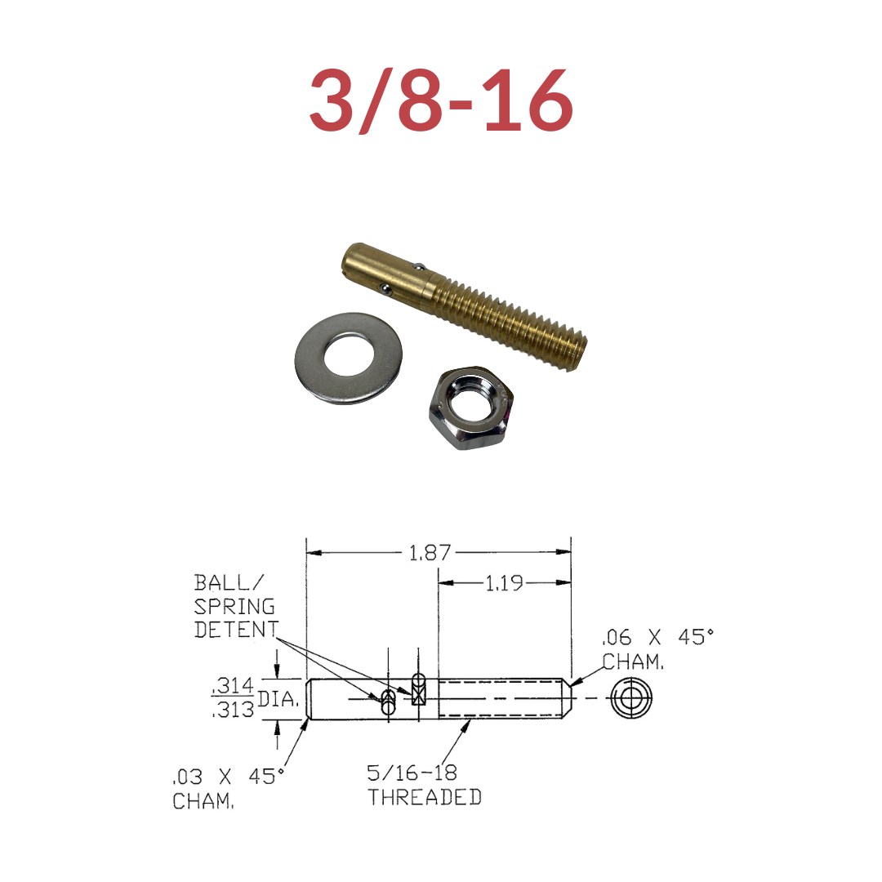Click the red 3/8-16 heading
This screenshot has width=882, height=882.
(441, 100)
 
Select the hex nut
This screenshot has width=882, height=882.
(471, 407)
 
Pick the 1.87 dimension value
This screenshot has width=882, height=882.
(430, 553)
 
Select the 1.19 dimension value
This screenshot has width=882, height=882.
(503, 583)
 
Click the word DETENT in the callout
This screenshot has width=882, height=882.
(236, 630)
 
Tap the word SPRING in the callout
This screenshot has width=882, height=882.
(234, 606)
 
